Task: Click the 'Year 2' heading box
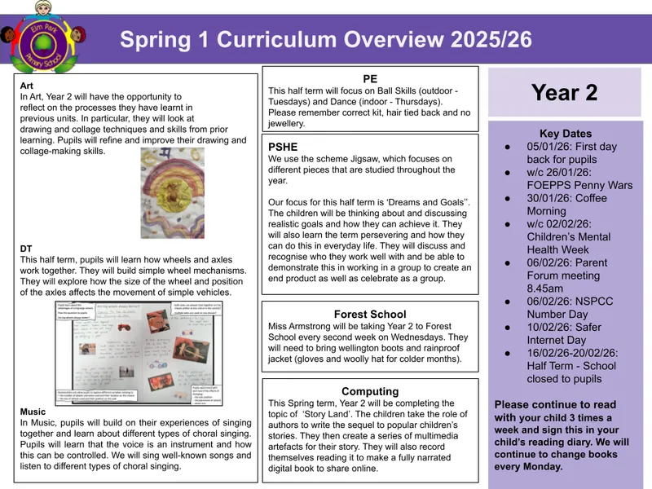[564, 92]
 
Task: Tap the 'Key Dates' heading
[565, 134]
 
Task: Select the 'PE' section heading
[370, 78]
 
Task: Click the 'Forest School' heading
[369, 314]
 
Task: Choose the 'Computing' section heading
[369, 391]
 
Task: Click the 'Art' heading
[26, 84]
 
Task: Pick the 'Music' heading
[33, 412]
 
